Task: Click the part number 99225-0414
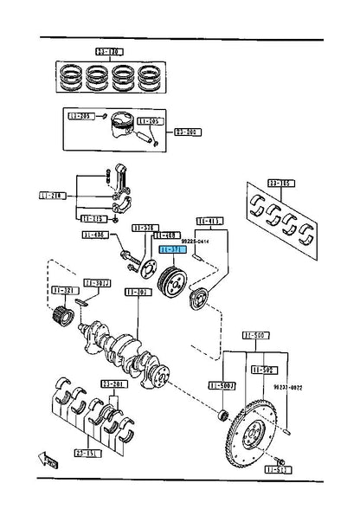(195, 242)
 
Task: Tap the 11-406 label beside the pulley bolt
(95, 234)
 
